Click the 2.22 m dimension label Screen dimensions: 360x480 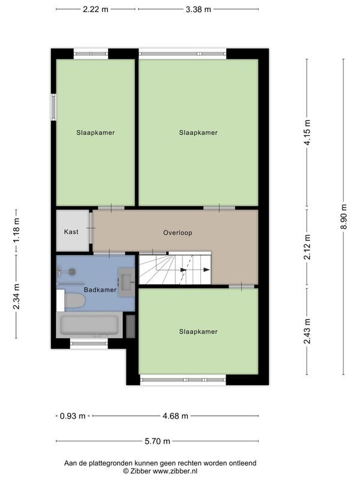click(x=95, y=9)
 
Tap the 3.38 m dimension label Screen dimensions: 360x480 click(x=199, y=9)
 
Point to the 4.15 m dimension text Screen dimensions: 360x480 click(x=307, y=132)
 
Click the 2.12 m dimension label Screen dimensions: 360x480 click(x=307, y=247)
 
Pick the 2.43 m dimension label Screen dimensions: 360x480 click(x=307, y=331)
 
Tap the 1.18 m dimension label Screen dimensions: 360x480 click(x=16, y=230)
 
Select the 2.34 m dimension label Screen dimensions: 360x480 click(x=16, y=296)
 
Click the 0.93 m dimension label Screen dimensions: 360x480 click(x=73, y=416)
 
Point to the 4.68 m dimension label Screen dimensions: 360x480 click(x=175, y=416)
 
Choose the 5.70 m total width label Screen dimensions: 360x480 click(x=157, y=441)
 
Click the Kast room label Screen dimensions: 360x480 click(x=71, y=232)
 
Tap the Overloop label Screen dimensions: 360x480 click(x=178, y=233)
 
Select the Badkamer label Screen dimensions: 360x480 click(x=100, y=290)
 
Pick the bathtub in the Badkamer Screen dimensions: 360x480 click(x=89, y=325)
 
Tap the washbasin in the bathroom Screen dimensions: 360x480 click(x=127, y=282)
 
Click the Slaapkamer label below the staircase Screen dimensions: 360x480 click(x=199, y=332)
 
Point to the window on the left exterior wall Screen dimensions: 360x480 click(x=53, y=107)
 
